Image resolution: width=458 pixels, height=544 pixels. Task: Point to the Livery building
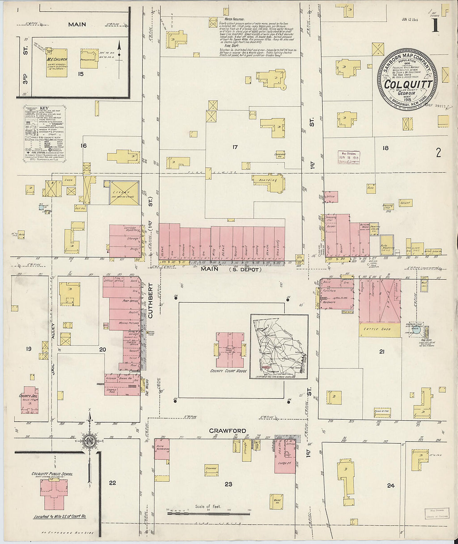tap(124, 193)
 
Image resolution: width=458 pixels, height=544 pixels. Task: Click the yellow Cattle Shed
tap(376, 329)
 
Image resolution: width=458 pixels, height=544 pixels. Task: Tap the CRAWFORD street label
tap(227, 431)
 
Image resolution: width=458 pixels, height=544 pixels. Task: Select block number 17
tap(235, 147)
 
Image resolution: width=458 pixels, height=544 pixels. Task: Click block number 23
tap(228, 484)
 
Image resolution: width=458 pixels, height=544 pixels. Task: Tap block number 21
tap(382, 352)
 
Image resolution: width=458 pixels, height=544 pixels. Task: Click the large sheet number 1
tap(436, 25)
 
